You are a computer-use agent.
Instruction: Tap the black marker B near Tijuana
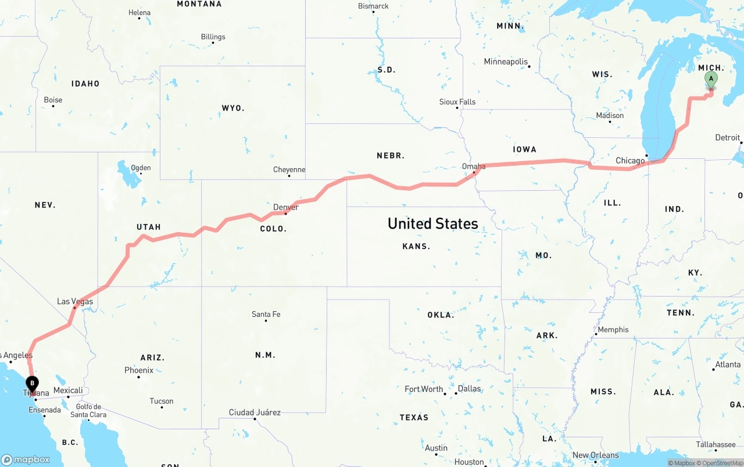pyautogui.click(x=32, y=383)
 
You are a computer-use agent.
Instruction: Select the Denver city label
pyautogui.click(x=286, y=207)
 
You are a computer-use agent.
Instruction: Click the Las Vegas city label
pyautogui.click(x=75, y=301)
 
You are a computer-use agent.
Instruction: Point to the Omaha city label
pyautogui.click(x=474, y=166)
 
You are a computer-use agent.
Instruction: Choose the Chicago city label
pyautogui.click(x=630, y=161)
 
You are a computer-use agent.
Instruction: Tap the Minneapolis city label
pyautogui.click(x=506, y=62)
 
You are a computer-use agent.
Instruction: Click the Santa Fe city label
pyautogui.click(x=266, y=314)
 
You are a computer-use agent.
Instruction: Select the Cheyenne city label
pyautogui.click(x=289, y=170)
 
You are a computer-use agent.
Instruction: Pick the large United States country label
pyautogui.click(x=432, y=223)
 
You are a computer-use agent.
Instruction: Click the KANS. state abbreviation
pyautogui.click(x=416, y=247)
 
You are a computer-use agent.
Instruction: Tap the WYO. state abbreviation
pyautogui.click(x=233, y=108)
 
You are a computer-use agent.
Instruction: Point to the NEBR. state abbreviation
pyautogui.click(x=391, y=156)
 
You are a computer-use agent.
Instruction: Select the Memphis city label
pyautogui.click(x=613, y=330)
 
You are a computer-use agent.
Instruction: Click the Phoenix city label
pyautogui.click(x=139, y=370)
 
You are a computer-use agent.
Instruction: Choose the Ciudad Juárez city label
pyautogui.click(x=255, y=412)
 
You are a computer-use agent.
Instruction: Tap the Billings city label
pyautogui.click(x=213, y=37)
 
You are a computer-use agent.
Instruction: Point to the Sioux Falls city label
pyautogui.click(x=457, y=102)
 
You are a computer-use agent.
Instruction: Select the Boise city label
pyautogui.click(x=53, y=100)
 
